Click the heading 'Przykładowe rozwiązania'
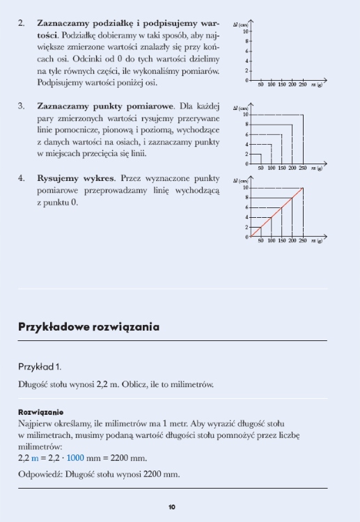click(88, 326)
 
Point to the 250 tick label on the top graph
click(304, 85)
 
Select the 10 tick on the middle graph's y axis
click(246, 114)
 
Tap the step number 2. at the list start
click(22, 23)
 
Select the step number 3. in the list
click(22, 106)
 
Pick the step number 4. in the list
click(22, 178)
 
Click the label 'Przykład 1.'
click(40, 365)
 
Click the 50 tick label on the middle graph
click(261, 168)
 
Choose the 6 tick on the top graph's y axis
click(246, 52)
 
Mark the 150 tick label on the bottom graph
click(282, 242)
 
